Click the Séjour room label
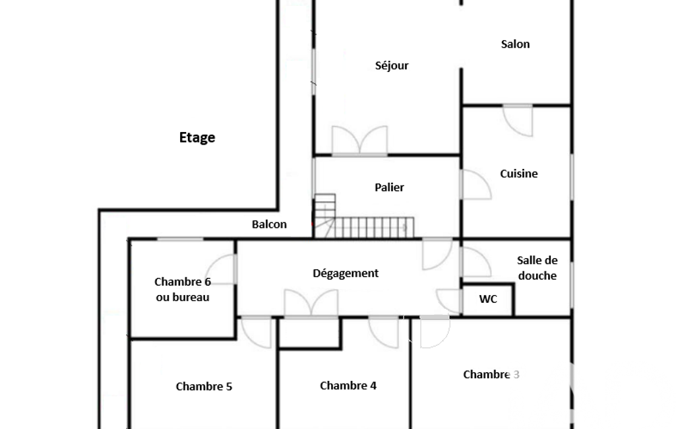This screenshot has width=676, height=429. click(x=392, y=65)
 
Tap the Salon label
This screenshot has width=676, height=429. click(x=515, y=44)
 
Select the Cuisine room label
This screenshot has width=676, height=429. click(x=518, y=174)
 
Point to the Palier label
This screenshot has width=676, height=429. click(x=389, y=187)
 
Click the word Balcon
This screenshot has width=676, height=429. click(x=269, y=224)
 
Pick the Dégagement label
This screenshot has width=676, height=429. click(x=346, y=273)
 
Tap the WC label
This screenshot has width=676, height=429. click(x=488, y=299)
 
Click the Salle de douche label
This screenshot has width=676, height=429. click(x=538, y=268)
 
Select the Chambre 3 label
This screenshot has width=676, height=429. click(x=491, y=375)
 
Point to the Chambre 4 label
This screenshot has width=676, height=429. click(x=348, y=385)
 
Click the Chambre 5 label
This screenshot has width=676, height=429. click(x=204, y=386)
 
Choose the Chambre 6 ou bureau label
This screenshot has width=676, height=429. click(x=183, y=290)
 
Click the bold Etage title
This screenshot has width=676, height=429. click(x=197, y=138)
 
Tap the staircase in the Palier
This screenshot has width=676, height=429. click(x=363, y=216)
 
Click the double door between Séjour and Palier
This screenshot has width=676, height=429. click(x=359, y=141)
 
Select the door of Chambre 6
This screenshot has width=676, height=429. click(x=222, y=269)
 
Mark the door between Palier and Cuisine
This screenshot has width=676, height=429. click(x=476, y=185)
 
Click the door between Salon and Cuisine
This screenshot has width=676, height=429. click(x=518, y=120)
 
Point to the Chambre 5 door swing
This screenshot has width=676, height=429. click(x=256, y=333)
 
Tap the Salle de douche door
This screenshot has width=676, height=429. click(x=476, y=261)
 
